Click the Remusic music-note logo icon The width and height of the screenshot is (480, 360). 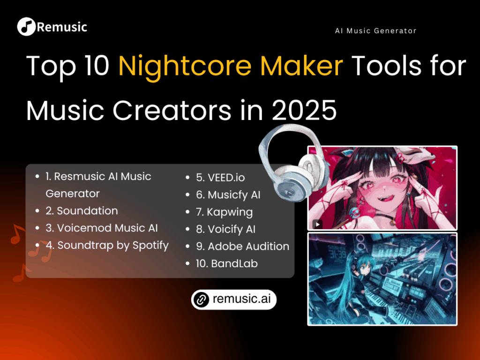(26, 27)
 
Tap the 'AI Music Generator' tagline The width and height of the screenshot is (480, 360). (375, 31)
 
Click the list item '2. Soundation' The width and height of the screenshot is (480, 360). (82, 211)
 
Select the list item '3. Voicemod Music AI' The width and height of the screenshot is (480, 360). (102, 228)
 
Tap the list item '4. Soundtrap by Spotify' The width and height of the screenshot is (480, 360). (107, 245)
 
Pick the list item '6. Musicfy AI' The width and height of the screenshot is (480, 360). (228, 195)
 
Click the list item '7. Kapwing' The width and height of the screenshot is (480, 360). (224, 212)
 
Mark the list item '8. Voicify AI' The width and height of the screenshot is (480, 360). (225, 229)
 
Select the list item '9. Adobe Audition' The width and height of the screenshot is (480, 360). (242, 247)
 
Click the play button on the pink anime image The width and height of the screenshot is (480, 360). (318, 224)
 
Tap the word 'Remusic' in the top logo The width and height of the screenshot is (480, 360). (61, 27)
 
